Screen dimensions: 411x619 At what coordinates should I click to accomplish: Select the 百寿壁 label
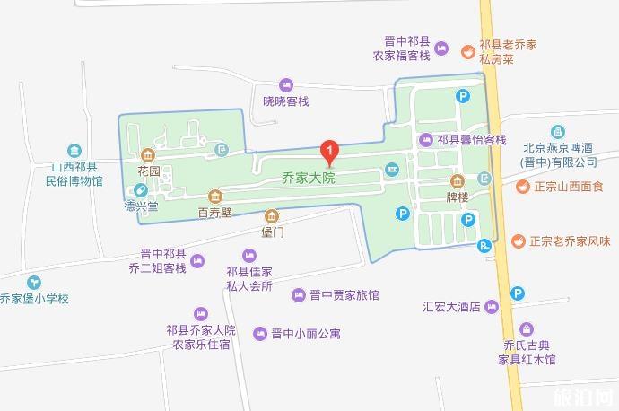215,213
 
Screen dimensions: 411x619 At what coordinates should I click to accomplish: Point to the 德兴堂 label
141,205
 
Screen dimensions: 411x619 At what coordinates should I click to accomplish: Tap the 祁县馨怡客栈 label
472,140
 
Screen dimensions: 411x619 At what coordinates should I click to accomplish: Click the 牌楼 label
458,195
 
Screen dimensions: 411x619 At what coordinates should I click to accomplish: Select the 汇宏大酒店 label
453,306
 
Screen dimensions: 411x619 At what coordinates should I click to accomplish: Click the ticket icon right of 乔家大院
392,171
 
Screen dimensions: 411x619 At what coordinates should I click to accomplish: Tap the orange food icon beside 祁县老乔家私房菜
466,51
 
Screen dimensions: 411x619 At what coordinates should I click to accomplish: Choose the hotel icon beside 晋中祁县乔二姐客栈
198,261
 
